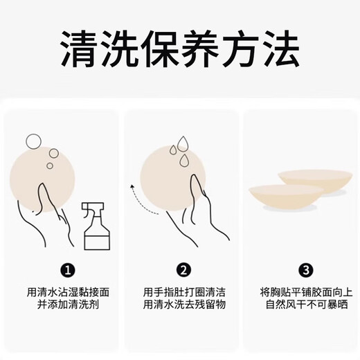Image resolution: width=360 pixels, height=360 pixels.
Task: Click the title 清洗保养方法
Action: click(179, 48)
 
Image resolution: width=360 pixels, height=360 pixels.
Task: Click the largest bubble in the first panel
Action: click(32, 142)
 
